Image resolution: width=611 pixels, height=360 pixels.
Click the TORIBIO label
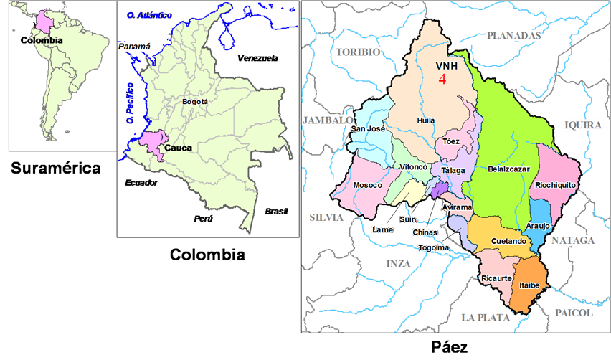[x=359, y=52]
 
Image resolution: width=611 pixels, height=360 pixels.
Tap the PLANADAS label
[x=513, y=34]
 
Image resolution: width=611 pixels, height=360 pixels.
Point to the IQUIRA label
[x=582, y=125]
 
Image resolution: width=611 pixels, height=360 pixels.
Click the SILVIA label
[x=326, y=217]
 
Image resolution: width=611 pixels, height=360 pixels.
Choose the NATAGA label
[x=572, y=240]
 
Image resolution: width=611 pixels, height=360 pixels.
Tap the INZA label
[x=399, y=263]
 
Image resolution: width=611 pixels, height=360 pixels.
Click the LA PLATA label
[x=486, y=317]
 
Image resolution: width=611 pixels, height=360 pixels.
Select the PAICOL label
[x=574, y=313]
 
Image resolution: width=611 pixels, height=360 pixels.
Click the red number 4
[x=442, y=80]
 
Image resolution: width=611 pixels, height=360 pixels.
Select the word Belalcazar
[x=508, y=169]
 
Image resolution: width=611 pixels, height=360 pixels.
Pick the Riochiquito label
[x=556, y=185]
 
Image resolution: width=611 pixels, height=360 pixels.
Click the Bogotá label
[x=195, y=102]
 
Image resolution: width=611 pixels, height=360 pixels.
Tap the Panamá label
[x=134, y=47]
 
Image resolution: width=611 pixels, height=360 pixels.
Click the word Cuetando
[x=509, y=241]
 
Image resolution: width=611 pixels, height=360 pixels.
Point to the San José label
[x=368, y=129]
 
